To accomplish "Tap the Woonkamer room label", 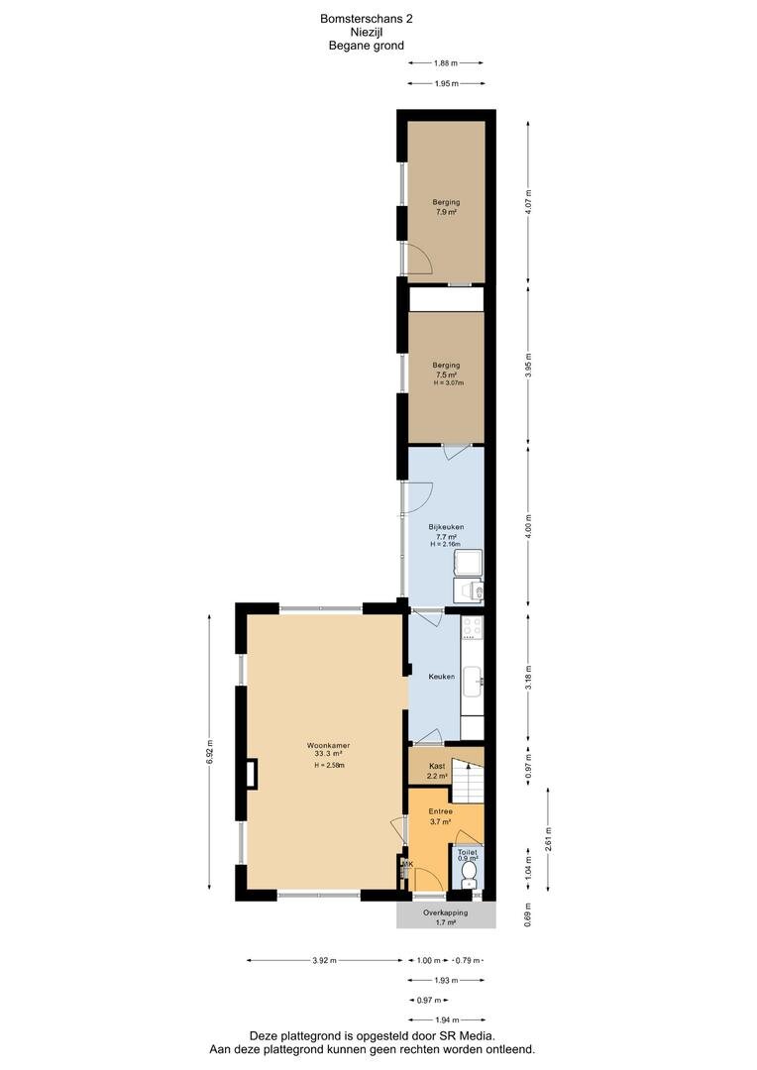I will click(x=328, y=744).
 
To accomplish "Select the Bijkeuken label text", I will click(x=446, y=527).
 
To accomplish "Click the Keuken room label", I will click(x=441, y=677).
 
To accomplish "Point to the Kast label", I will click(x=436, y=766).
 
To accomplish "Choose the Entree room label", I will click(x=440, y=810).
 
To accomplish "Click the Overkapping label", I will click(x=445, y=912).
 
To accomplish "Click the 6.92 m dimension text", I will click(x=209, y=750).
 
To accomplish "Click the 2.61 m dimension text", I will click(x=549, y=839).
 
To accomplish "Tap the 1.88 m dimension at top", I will click(x=446, y=64).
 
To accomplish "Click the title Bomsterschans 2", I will click(x=366, y=18).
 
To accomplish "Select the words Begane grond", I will click(x=366, y=46).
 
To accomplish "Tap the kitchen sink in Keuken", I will click(x=474, y=678).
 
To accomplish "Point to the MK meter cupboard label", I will click(x=406, y=864).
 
